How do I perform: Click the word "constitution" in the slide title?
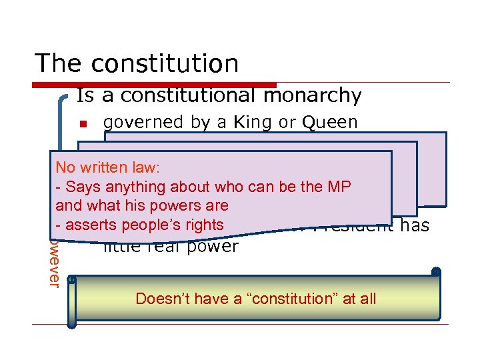pos(165,63)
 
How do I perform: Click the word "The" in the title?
pos(59,63)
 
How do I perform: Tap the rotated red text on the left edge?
pos(54,263)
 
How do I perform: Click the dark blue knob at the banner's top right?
pos(436,271)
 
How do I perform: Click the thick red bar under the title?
pos(154,85)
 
